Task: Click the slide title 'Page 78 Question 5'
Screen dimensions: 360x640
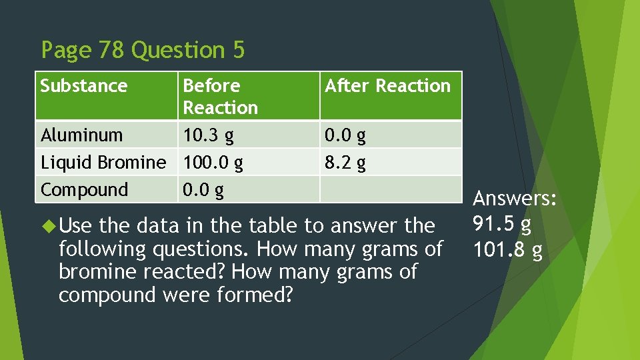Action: point(143,50)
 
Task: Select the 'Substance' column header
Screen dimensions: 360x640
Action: point(84,86)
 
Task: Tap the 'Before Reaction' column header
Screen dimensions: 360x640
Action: point(220,96)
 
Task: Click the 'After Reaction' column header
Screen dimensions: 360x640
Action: point(387,86)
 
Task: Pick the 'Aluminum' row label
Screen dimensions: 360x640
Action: point(82,135)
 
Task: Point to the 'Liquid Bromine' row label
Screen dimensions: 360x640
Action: point(103,163)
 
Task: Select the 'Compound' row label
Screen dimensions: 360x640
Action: point(84,190)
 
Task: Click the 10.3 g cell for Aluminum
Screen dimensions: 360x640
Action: point(208,135)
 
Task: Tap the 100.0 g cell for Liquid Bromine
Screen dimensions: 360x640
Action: point(213,163)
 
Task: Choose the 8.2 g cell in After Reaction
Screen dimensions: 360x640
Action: point(345,163)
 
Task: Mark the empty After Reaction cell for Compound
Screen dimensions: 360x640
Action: point(391,189)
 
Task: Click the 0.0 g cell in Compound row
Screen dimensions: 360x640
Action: point(203,190)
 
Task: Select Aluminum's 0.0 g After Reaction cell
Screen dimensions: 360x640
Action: point(345,135)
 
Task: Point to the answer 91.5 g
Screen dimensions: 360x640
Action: point(502,225)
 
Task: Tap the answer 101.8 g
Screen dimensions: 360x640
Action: point(507,251)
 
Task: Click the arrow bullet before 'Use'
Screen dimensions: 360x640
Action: point(47,226)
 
